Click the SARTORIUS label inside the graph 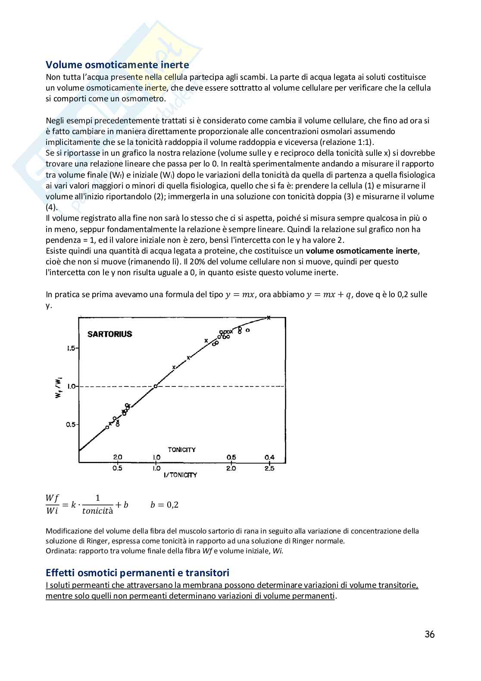109,334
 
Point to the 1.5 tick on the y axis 71,348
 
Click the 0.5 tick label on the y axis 71,425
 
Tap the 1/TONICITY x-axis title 180,475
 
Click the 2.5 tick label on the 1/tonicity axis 269,468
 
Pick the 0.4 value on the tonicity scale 269,458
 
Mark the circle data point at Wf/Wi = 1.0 155,386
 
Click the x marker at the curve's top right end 269,318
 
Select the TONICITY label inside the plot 181,450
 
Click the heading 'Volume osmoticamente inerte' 117,65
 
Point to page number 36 429,634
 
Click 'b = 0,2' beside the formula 164,505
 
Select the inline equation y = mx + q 328,295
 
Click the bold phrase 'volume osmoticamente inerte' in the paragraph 362,251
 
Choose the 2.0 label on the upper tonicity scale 117,458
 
